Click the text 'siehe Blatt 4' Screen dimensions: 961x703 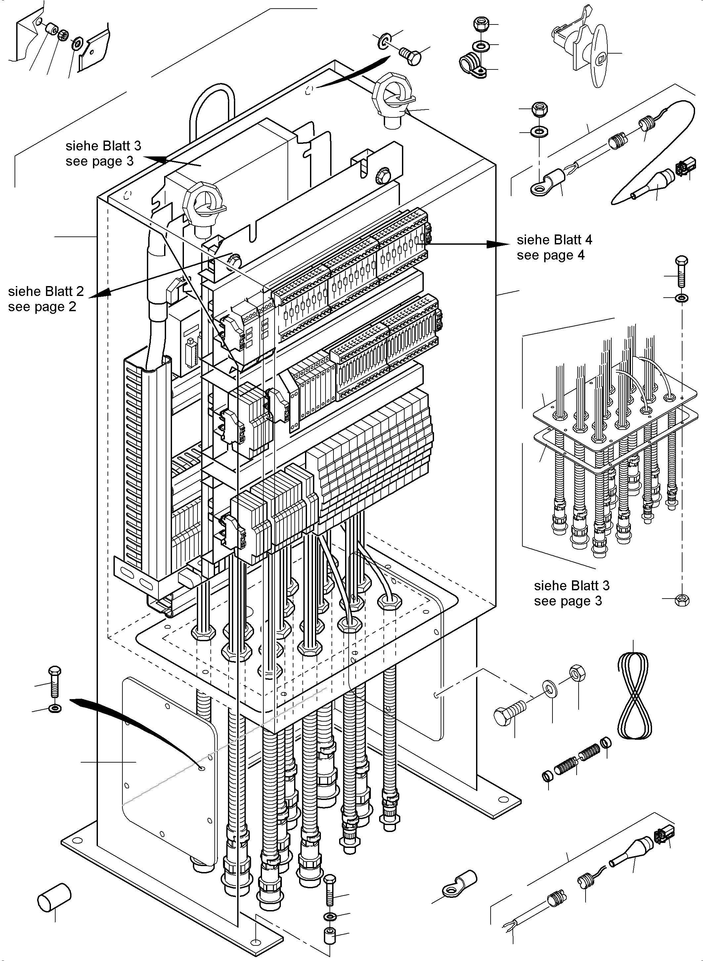point(554,240)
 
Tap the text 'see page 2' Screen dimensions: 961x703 point(42,307)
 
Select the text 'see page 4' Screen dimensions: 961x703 point(550,255)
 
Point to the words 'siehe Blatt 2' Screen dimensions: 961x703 point(46,291)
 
